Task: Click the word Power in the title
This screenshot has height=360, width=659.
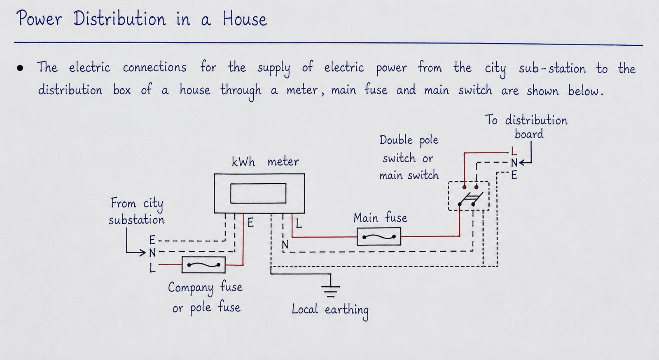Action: pos(39,18)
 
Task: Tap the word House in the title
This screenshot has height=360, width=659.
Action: pos(245,19)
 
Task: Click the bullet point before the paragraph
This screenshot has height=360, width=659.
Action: pos(20,68)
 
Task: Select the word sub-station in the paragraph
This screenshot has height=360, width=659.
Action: pos(552,68)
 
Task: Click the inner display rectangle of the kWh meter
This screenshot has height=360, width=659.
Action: pos(258,193)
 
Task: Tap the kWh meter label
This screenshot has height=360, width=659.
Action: pos(265,161)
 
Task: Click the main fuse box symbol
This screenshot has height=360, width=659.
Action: pos(379,236)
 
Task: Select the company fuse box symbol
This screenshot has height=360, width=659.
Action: pos(203,265)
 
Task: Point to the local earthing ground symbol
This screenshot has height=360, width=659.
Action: pos(331,288)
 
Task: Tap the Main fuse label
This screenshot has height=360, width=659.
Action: pos(380,218)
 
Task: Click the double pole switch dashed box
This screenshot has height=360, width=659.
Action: pos(468,196)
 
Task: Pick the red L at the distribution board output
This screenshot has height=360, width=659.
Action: pos(514,151)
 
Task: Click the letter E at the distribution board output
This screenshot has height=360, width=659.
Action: pos(514,175)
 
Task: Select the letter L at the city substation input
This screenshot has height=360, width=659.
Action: pos(152,268)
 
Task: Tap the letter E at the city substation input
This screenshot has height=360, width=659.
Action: pos(152,240)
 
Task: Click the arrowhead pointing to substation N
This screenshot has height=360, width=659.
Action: pos(143,252)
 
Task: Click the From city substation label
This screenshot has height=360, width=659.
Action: pos(136,211)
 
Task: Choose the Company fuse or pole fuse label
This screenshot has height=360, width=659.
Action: pos(206,298)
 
